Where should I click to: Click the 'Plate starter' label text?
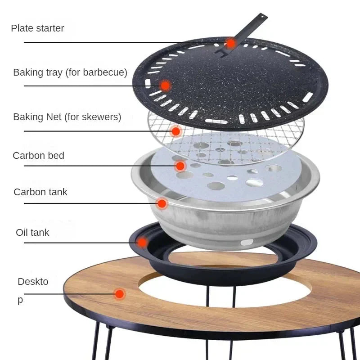(x=37, y=28)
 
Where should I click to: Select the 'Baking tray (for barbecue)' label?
(x=70, y=72)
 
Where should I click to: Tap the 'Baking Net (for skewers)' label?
(x=67, y=117)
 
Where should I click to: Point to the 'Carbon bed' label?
(x=38, y=156)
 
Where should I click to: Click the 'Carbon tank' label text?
(x=40, y=192)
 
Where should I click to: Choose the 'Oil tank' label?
(x=32, y=233)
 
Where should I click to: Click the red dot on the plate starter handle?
(x=231, y=43)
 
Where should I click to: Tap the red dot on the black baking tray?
(x=165, y=85)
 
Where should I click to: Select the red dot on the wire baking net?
(x=176, y=131)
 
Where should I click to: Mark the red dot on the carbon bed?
(x=180, y=166)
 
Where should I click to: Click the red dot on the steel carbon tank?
(x=162, y=203)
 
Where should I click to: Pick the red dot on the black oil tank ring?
(x=142, y=243)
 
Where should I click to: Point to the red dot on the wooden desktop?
(x=119, y=294)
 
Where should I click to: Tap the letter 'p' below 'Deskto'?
(x=20, y=300)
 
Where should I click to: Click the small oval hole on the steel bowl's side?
(x=246, y=243)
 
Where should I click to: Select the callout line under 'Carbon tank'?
(x=90, y=203)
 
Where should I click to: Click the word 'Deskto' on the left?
(x=33, y=282)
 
